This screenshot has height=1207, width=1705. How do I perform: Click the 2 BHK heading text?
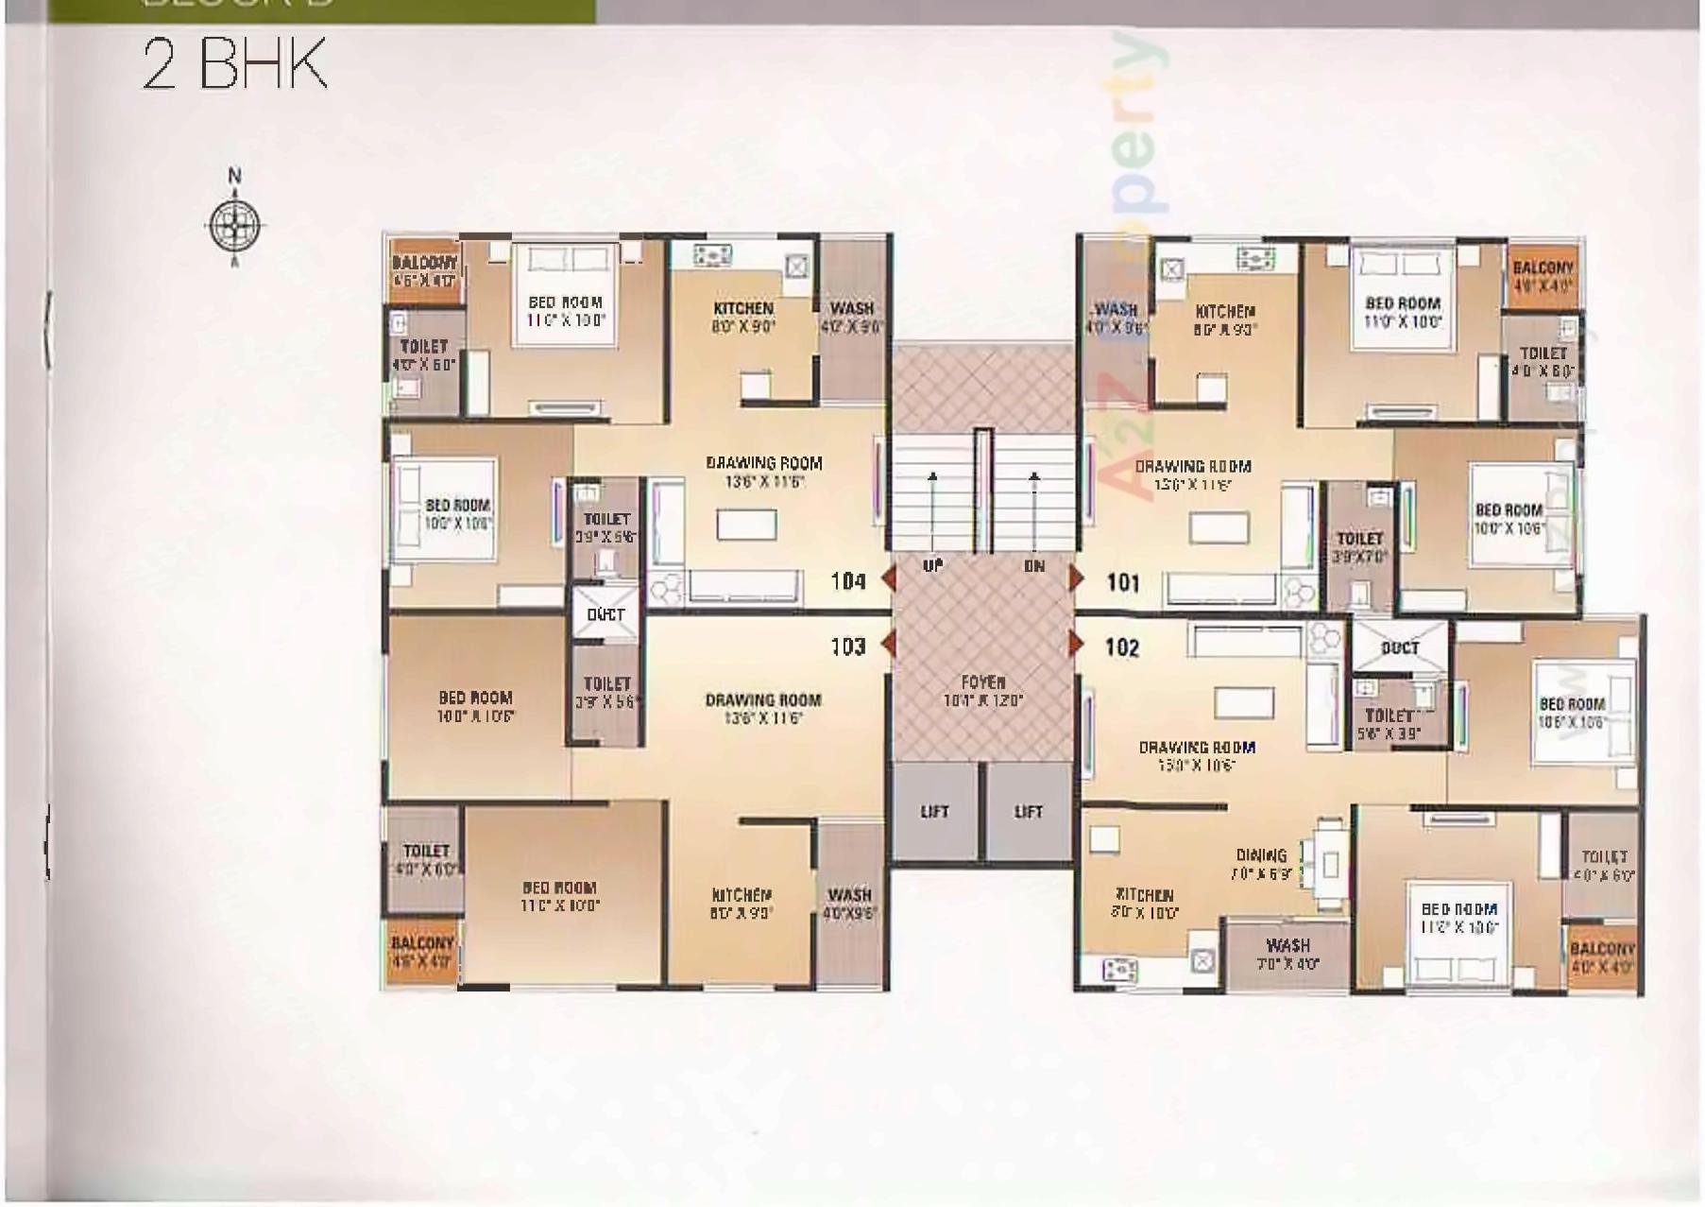pos(234,64)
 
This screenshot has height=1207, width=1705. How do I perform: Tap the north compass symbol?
pos(234,224)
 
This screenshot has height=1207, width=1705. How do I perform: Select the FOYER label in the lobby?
pos(982,681)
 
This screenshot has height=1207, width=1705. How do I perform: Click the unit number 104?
pos(847,581)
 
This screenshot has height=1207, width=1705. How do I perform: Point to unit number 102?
pos(1122,647)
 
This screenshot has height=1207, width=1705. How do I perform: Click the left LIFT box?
pos(934,812)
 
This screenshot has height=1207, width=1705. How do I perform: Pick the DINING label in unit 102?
pos(1261,855)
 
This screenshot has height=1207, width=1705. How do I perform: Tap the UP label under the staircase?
pos(932,566)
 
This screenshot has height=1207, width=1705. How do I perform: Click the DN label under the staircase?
pos(1034,566)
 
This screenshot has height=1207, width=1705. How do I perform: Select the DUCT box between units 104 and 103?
pos(605,614)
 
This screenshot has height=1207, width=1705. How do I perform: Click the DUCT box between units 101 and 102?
pos(1399,647)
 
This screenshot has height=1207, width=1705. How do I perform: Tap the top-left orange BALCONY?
pos(425,270)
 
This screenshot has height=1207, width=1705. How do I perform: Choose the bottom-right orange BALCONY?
pos(1602,957)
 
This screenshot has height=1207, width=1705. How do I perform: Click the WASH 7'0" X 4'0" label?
pos(1287,954)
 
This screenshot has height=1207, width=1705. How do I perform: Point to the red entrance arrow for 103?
pos(888,645)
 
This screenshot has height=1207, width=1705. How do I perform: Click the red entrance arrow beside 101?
pos(1076,578)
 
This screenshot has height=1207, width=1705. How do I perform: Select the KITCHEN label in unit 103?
pos(742,894)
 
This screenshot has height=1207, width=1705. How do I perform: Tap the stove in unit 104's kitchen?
pos(712,254)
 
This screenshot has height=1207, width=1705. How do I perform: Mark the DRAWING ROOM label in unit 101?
pos(1192,467)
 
